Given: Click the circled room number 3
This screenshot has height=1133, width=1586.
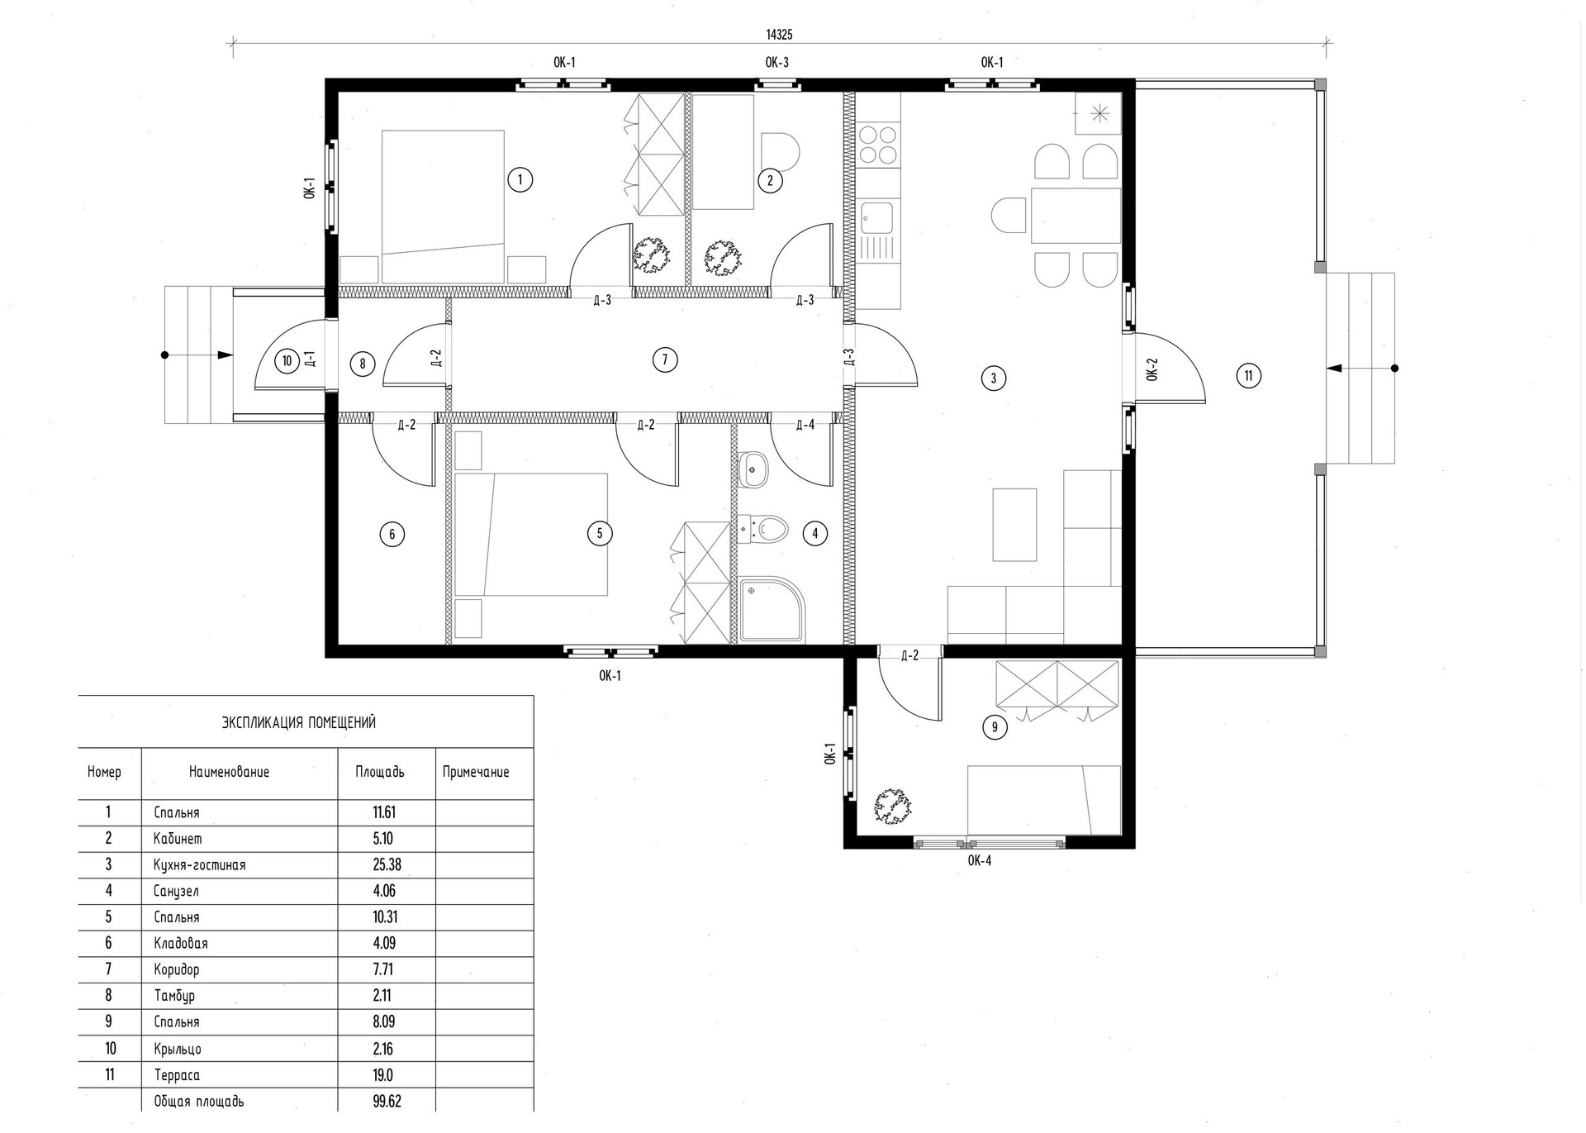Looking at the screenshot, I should (993, 378).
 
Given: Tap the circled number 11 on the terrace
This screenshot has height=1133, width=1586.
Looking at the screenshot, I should (1248, 376).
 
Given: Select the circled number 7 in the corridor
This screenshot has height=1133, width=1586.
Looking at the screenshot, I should (664, 359).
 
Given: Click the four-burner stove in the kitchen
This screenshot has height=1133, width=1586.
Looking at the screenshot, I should (878, 144).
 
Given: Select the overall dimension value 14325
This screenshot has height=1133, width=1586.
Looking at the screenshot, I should (779, 35).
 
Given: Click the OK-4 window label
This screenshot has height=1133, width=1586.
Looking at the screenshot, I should (979, 860).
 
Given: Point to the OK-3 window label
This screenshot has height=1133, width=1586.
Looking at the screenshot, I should (776, 62).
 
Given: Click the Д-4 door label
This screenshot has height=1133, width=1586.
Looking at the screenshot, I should (805, 425).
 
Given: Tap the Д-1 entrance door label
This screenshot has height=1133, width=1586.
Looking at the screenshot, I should (310, 359).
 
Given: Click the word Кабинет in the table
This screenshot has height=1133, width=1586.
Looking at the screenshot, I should (178, 838).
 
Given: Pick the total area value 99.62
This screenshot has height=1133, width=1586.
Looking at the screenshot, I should (387, 1101).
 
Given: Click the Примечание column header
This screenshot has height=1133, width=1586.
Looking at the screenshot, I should (476, 773).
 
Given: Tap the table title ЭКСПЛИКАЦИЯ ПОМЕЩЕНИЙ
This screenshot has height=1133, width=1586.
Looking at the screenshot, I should (299, 722).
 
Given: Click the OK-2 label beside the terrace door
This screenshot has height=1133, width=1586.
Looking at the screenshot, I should (1152, 369).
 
